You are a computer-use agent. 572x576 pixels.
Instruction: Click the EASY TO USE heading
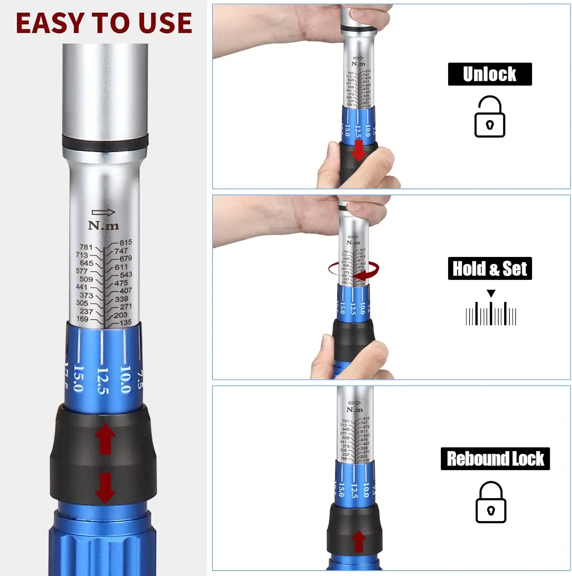coord(104,23)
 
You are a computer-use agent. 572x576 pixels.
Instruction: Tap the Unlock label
coord(490,74)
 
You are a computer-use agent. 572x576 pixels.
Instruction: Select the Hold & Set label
coord(490,268)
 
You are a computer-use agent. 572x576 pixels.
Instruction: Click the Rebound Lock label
coord(495,458)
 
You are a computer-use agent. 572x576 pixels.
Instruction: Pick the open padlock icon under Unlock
coord(490,117)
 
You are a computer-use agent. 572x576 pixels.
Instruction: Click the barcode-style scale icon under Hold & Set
coord(491,314)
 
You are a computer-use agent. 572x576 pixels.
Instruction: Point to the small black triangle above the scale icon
coord(491,294)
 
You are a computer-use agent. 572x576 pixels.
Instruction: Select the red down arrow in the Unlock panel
coord(358,151)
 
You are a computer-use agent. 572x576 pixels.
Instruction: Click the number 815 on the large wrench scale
coord(125,242)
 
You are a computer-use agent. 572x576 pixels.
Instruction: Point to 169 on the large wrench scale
coord(82,319)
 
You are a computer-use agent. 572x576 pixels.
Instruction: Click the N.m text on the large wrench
coord(104,225)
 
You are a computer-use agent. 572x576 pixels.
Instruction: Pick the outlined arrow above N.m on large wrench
coord(103,212)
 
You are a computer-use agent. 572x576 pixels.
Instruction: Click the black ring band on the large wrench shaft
coord(105,143)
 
